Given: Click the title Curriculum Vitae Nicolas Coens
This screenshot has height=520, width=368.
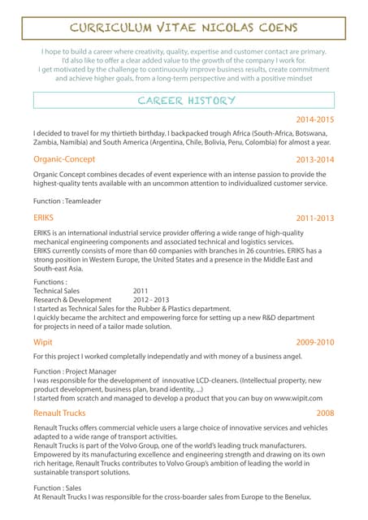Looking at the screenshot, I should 183,28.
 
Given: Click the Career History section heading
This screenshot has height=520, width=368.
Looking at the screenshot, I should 187,101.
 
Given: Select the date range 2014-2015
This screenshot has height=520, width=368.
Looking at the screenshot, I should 314,119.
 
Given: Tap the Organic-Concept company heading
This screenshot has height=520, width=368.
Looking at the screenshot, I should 64,159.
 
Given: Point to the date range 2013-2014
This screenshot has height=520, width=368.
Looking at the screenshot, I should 314,160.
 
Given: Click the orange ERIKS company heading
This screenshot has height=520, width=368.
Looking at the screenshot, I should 43,219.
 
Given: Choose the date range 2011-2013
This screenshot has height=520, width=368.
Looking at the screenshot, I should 314,219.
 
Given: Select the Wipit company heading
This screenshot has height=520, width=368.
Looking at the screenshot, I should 43,342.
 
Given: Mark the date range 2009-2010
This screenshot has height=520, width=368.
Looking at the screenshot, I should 314,343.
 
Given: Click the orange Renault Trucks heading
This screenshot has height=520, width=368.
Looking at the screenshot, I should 59,413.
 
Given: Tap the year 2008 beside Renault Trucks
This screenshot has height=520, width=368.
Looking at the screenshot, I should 325,414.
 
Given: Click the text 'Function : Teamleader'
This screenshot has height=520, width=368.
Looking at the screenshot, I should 67,201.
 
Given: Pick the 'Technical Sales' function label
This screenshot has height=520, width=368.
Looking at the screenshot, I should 57,290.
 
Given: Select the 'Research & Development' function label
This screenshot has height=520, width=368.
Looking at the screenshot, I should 72,299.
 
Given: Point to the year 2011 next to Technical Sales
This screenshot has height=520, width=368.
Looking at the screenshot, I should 141,290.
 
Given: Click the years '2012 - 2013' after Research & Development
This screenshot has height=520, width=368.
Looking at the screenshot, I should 151,299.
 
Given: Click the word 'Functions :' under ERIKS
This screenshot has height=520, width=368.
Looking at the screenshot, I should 50,281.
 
